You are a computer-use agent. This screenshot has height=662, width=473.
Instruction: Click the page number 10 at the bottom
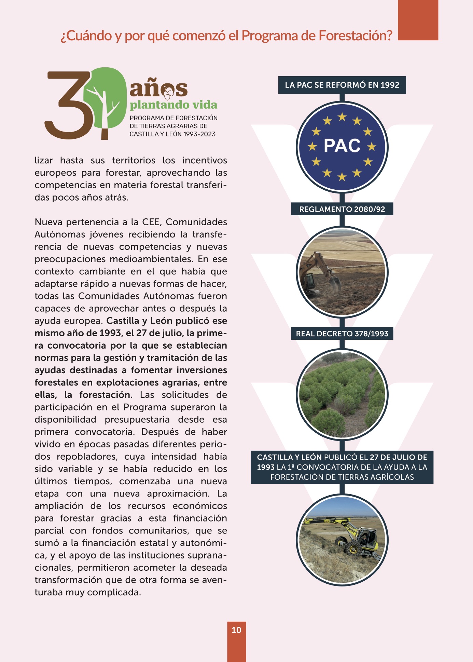[x=236, y=630]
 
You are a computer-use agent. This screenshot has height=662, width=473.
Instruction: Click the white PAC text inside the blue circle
[x=342, y=146]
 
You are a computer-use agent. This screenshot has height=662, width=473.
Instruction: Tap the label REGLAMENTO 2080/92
[x=342, y=209]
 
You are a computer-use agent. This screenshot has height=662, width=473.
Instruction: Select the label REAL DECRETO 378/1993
[x=342, y=334]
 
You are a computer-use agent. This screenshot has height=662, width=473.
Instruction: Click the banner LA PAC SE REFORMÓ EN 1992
[x=342, y=85]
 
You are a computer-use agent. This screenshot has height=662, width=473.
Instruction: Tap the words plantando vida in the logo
[x=173, y=105]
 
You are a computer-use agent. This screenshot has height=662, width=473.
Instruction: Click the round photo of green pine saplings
[x=342, y=394]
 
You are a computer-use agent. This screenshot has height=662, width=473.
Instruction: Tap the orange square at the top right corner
[x=418, y=20]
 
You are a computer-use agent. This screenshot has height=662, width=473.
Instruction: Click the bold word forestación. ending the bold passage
[x=106, y=395]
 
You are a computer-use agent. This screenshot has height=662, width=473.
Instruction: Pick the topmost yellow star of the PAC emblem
[x=342, y=117]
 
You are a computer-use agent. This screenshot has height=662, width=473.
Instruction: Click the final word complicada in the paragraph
[x=114, y=592]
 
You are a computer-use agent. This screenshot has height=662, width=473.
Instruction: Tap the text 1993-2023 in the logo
[x=199, y=134]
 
